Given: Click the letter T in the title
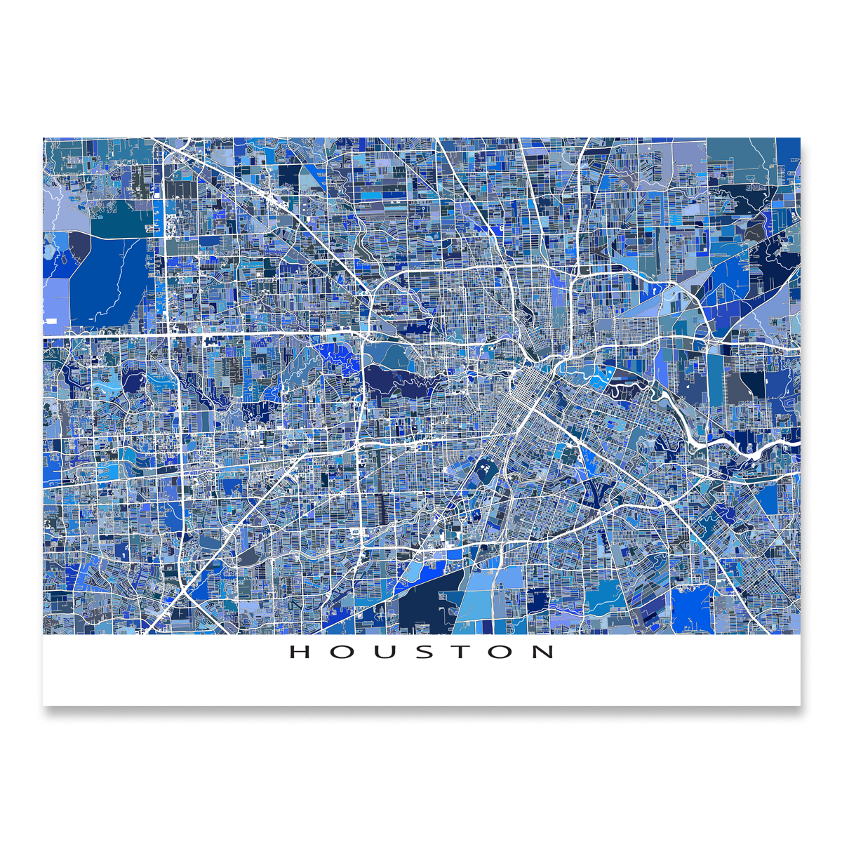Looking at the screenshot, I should [x=460, y=652].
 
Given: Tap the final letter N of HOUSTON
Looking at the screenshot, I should [x=543, y=652].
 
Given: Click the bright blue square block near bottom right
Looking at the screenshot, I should [x=691, y=607].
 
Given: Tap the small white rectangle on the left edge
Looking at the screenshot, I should [x=51, y=321].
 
